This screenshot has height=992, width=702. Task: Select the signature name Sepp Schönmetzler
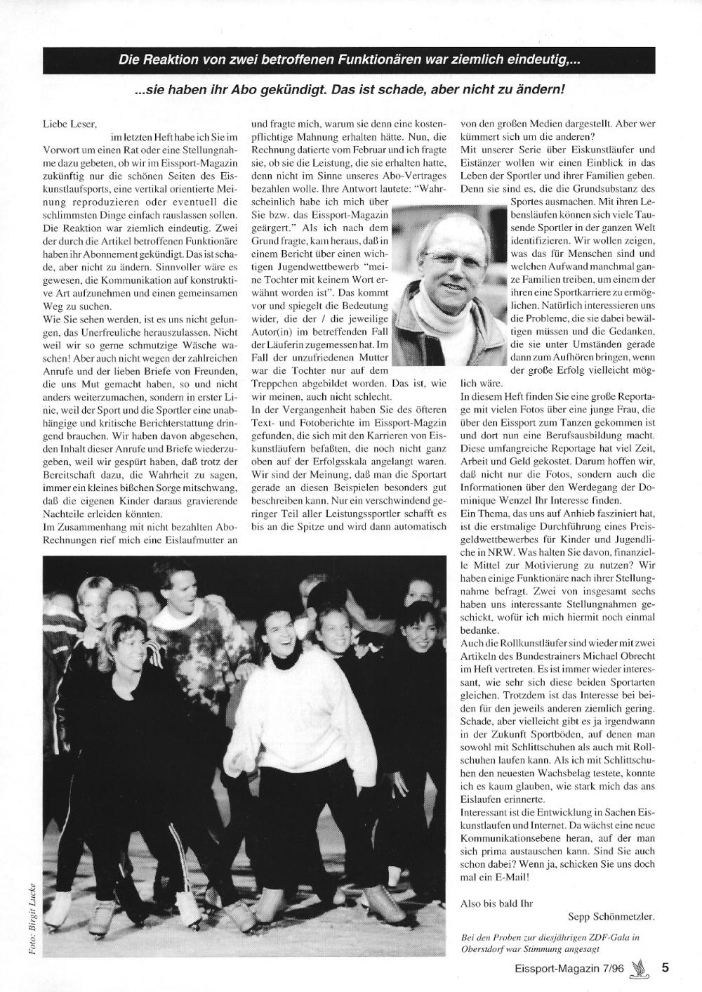click(x=611, y=917)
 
